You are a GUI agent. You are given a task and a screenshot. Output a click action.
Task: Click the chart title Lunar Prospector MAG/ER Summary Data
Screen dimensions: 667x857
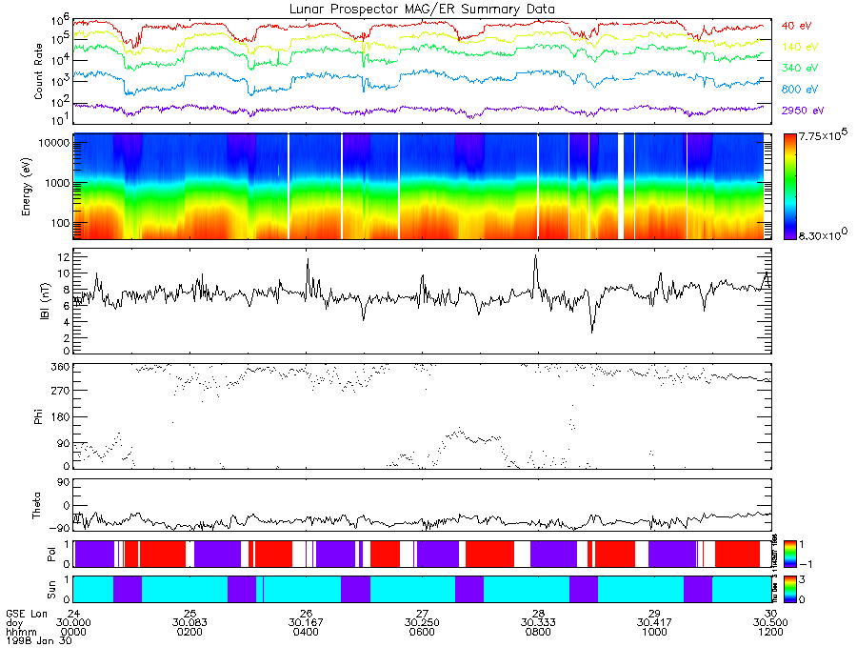click(422, 9)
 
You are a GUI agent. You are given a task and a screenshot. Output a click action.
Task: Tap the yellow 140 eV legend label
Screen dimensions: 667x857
click(801, 47)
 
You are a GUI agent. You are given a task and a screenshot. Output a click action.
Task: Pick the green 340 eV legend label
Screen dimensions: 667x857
click(801, 68)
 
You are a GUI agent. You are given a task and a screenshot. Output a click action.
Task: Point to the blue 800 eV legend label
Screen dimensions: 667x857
click(801, 89)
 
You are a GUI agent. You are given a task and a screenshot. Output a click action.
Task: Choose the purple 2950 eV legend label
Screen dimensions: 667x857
click(804, 111)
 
